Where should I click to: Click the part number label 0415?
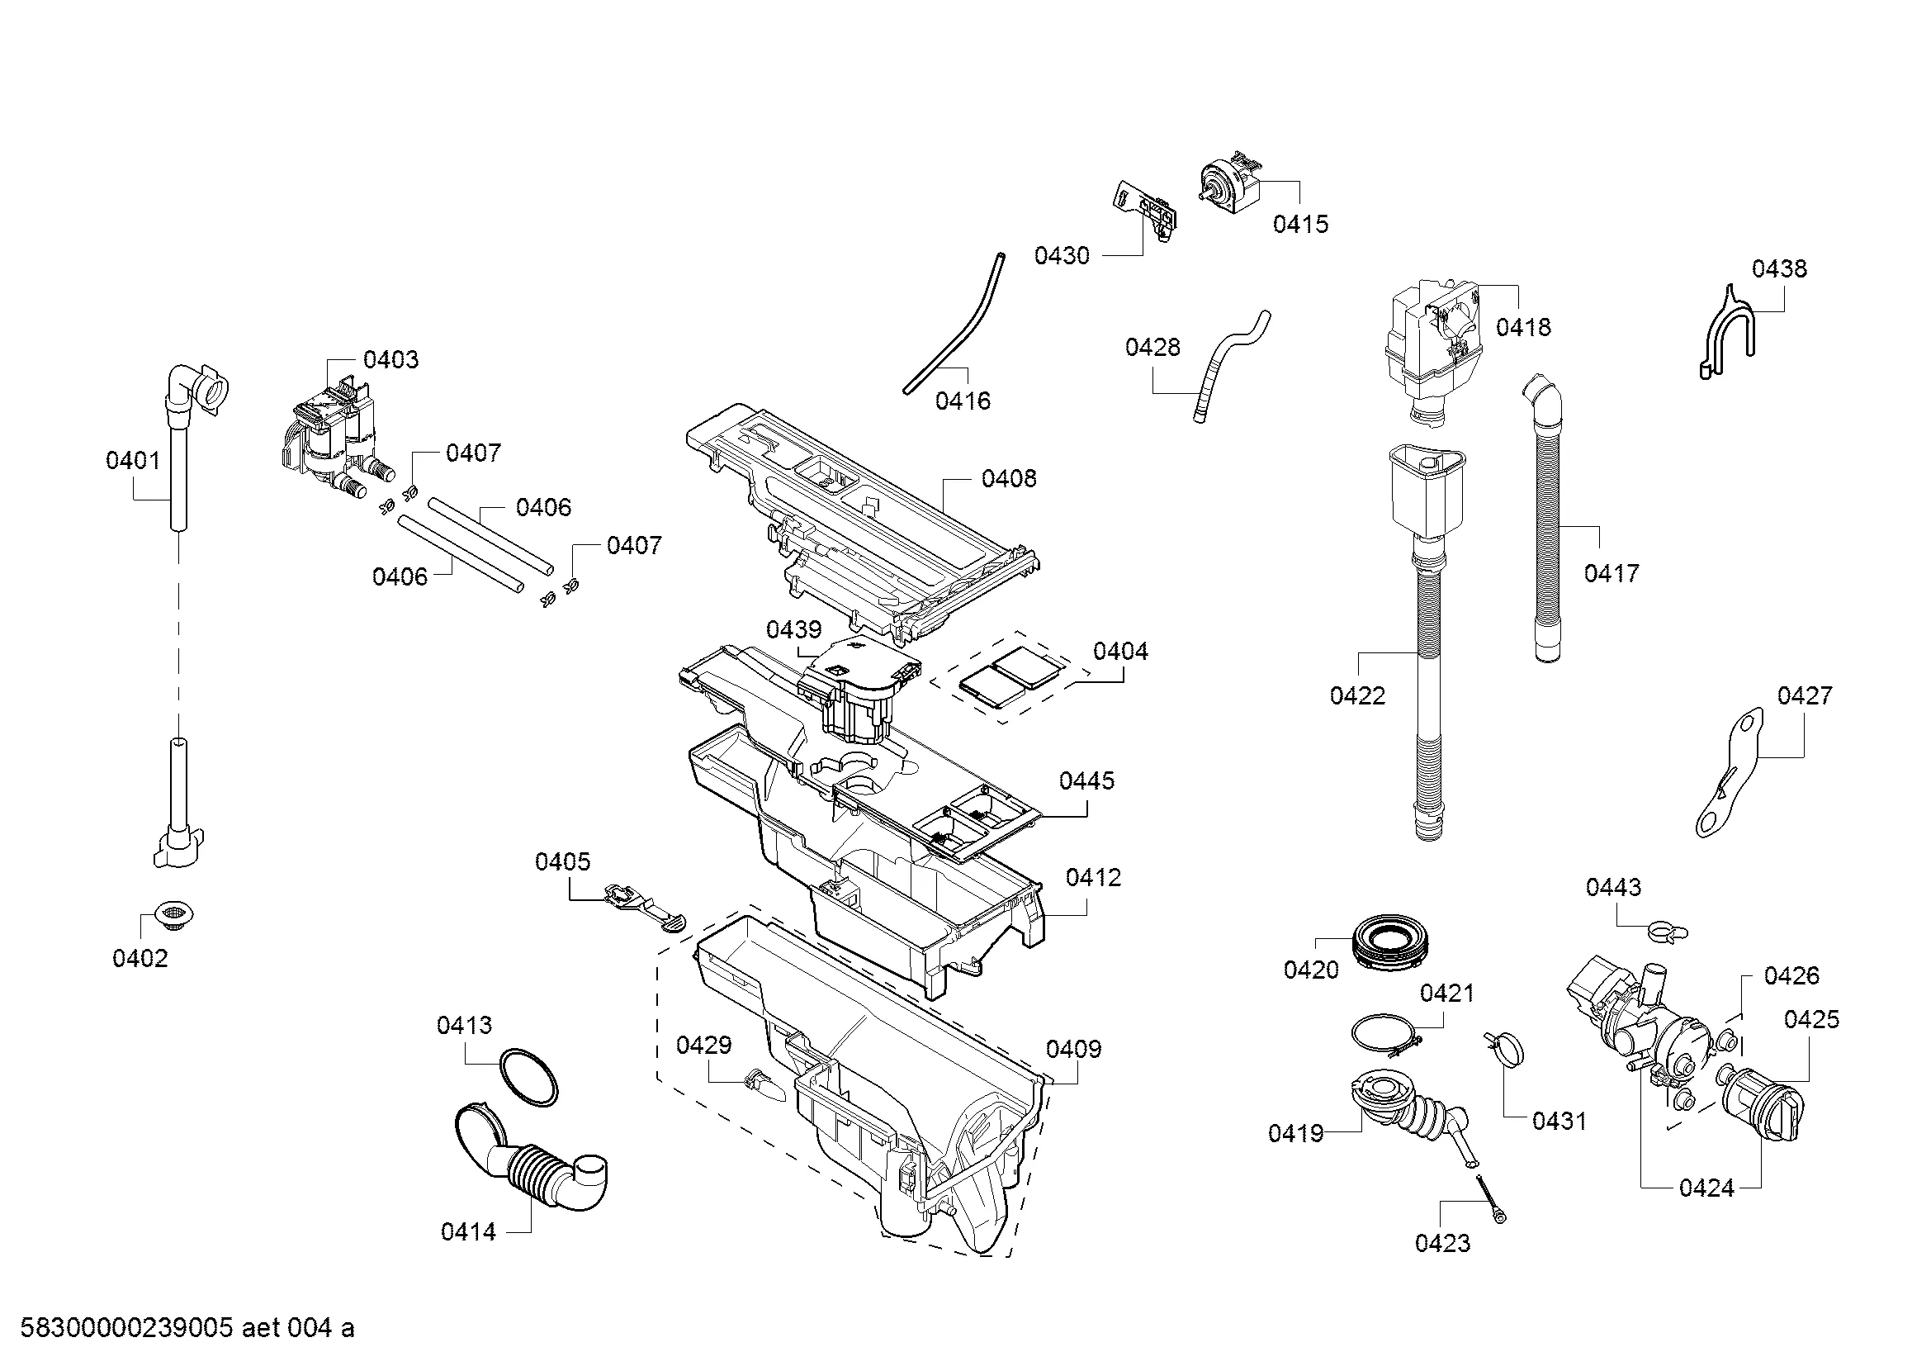(1300, 224)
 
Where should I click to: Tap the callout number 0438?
(1779, 268)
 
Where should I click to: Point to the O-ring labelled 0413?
(529, 1078)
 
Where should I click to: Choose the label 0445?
(1086, 780)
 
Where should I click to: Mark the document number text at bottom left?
(187, 1328)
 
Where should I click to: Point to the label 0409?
(1073, 1049)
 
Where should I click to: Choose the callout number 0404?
(1120, 651)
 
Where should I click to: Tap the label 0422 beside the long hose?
(1357, 695)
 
